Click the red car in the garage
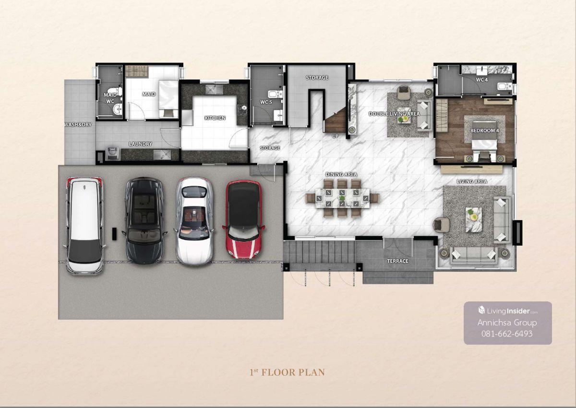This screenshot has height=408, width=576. click(243, 219)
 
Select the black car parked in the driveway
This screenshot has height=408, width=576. click(144, 220)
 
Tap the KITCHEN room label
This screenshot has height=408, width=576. click(215, 118)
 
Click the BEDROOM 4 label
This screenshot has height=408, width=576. click(484, 131)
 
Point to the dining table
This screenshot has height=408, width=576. click(342, 198)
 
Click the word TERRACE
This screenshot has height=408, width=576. click(397, 261)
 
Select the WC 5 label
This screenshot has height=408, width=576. click(266, 102)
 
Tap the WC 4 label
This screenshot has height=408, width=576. click(481, 80)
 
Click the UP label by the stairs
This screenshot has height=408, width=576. click(335, 136)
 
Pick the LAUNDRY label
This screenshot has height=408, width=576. click(140, 144)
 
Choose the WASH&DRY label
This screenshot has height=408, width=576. click(78, 125)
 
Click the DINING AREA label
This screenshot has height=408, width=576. click(341, 174)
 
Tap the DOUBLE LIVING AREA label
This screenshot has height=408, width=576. click(394, 114)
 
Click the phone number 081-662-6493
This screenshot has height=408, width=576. click(507, 334)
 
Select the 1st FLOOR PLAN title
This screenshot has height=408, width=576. click(287, 372)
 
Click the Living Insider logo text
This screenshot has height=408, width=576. click(508, 311)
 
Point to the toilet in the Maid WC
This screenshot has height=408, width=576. click(115, 92)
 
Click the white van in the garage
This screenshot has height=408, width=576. click(85, 226)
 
